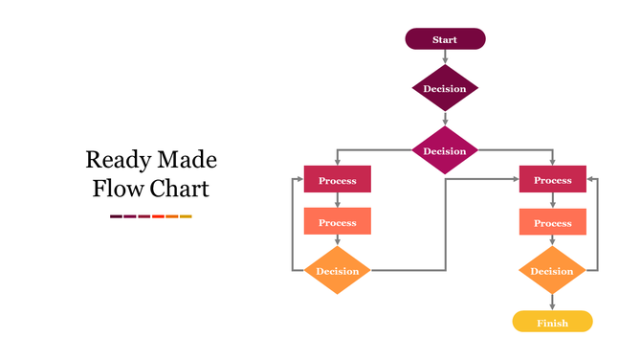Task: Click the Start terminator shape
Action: coord(445,39)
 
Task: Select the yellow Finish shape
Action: coord(552,322)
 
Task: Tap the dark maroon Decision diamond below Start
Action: coord(445,89)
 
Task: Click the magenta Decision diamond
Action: coord(445,151)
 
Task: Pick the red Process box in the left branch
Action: coord(337,180)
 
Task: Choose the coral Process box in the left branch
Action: coord(337,222)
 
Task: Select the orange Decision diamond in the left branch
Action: coord(337,271)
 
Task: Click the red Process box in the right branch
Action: coord(552,180)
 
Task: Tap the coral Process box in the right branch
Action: coord(552,222)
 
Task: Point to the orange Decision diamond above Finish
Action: coord(552,271)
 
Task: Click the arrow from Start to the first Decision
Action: coord(445,57)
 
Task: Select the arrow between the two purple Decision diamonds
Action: coord(445,119)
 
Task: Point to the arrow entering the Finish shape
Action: coord(552,302)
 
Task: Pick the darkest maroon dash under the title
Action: coord(116,216)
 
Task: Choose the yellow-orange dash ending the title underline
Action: coord(186,216)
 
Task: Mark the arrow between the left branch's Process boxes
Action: coord(337,200)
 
